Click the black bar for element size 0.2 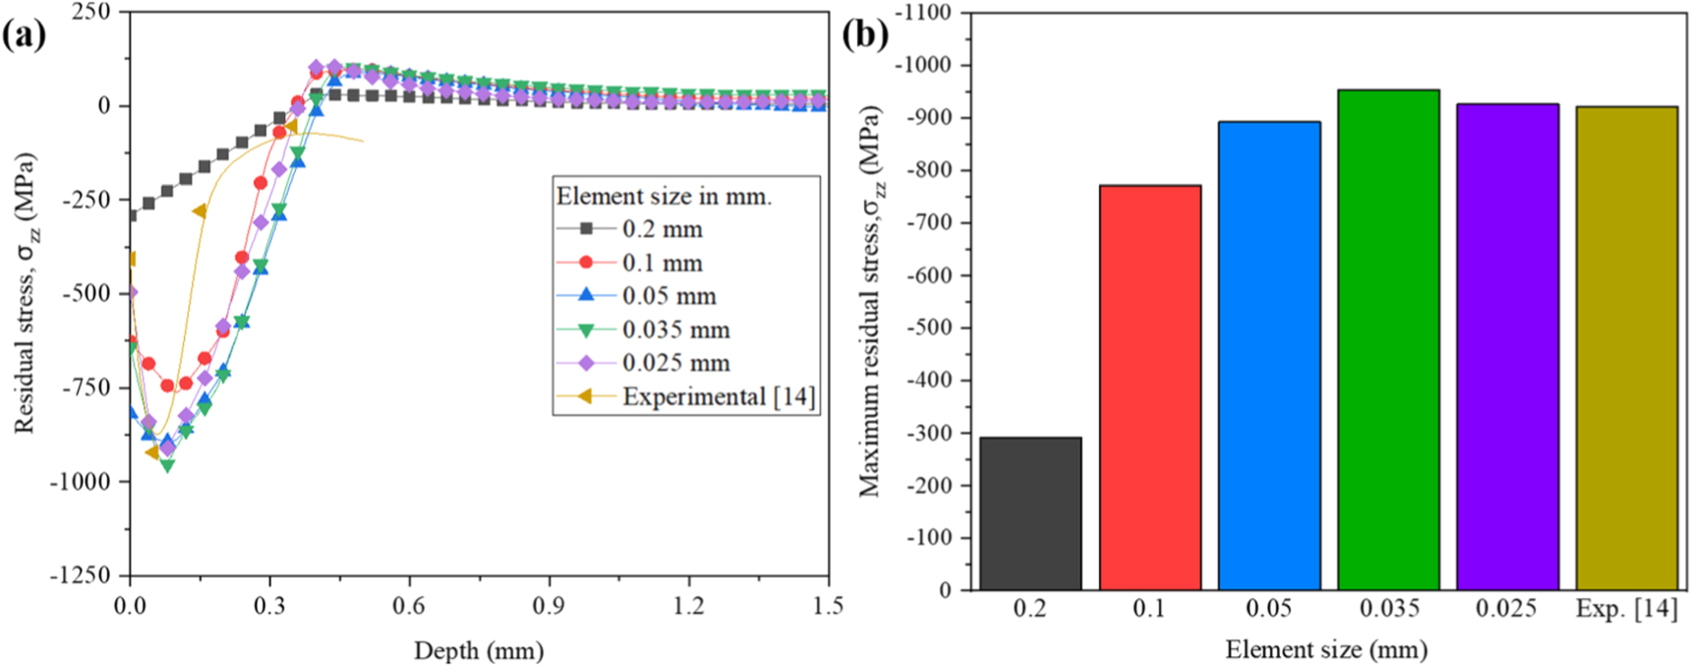click(1030, 514)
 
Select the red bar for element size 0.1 click(1149, 388)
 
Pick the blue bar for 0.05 click(1268, 355)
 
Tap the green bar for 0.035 click(1387, 339)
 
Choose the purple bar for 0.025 click(1506, 346)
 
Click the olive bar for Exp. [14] click(1625, 348)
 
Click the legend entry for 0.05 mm click(669, 296)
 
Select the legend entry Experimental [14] click(718, 396)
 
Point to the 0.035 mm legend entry click(675, 330)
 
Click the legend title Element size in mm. click(664, 196)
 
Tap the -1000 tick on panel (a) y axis click(87, 481)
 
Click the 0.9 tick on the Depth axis click(549, 606)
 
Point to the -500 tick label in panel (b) click(928, 328)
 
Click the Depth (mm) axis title click(478, 650)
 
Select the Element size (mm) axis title click(1325, 649)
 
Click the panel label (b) click(865, 35)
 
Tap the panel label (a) click(24, 35)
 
